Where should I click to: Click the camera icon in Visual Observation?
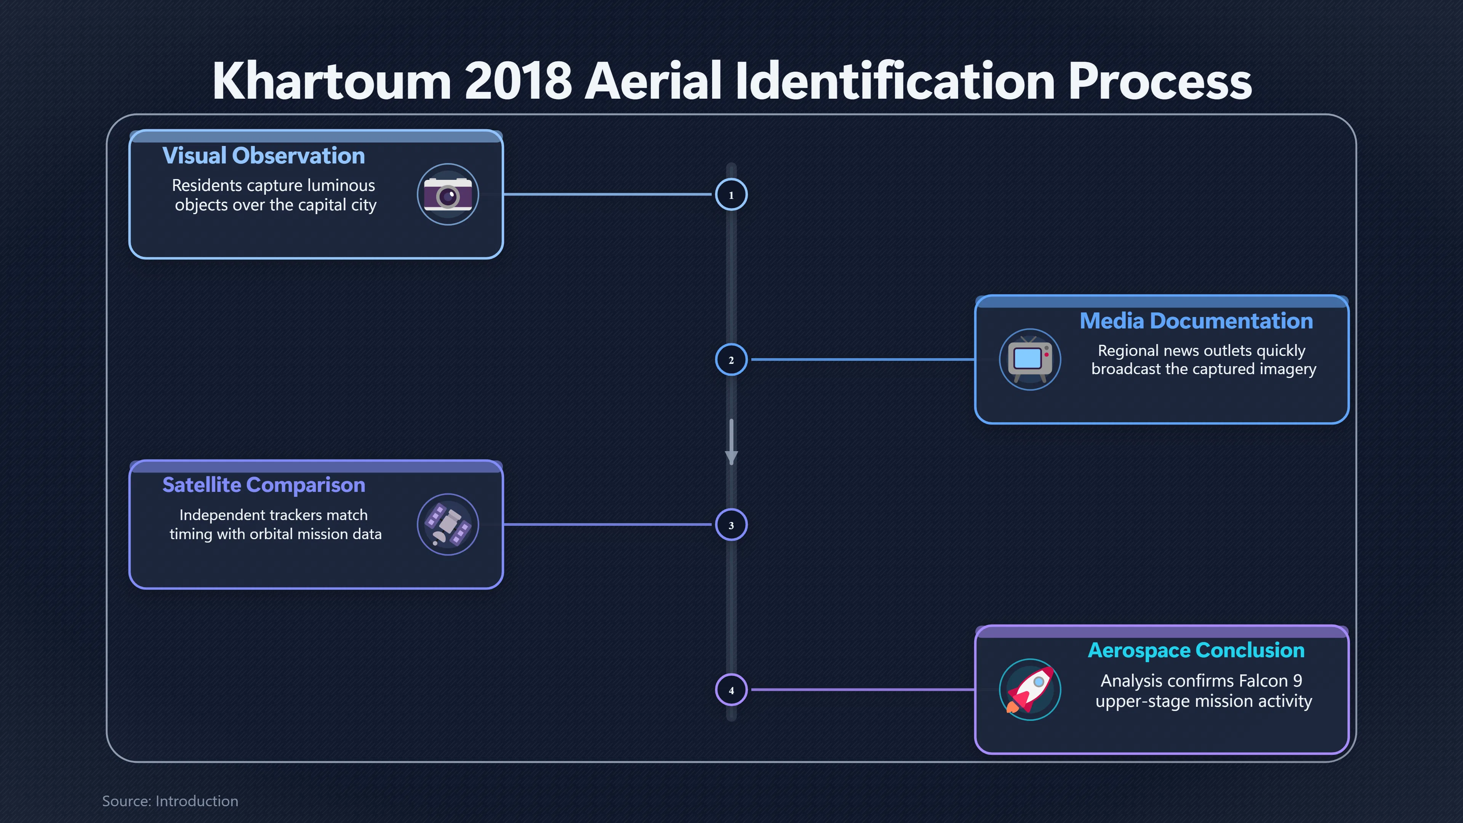(x=448, y=194)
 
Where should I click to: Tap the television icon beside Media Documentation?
(x=1030, y=359)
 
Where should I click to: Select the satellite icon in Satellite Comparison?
(x=448, y=524)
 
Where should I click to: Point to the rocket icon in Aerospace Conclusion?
(x=1030, y=690)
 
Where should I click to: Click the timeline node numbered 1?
(x=731, y=194)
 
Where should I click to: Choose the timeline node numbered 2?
(x=731, y=360)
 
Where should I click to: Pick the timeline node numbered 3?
(x=731, y=525)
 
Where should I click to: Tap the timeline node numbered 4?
(x=731, y=690)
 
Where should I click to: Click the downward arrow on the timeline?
(x=731, y=442)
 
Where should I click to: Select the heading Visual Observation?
(x=264, y=155)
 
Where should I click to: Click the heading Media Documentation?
(x=1196, y=321)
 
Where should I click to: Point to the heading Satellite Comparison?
(x=264, y=485)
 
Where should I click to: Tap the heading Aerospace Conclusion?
(x=1196, y=650)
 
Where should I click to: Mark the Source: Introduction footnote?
(x=170, y=801)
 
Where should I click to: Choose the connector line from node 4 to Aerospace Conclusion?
(x=862, y=690)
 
